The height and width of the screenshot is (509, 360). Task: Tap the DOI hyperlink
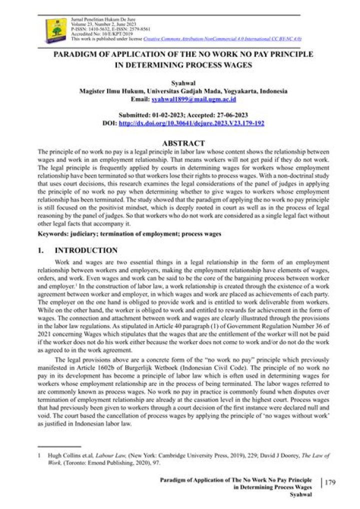pos(191,123)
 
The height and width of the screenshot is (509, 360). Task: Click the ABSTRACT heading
pos(183,143)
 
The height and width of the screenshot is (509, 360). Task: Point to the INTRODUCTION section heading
pos(86,250)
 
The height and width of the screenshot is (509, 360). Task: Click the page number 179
pos(330,482)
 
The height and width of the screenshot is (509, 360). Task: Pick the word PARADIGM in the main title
pos(77,54)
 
